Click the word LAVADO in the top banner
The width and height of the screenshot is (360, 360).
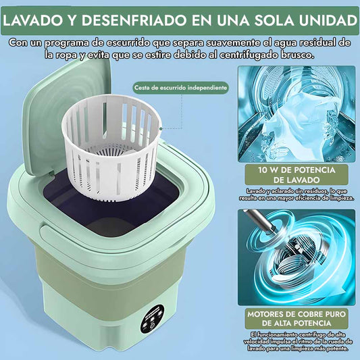coord(32,20)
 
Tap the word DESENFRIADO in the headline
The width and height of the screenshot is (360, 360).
coord(134,20)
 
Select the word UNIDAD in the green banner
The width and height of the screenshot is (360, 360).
coord(328,20)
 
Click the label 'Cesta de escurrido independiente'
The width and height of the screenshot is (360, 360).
coord(181,88)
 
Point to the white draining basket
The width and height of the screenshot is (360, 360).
coord(111,147)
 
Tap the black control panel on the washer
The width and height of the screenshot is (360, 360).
coord(151,319)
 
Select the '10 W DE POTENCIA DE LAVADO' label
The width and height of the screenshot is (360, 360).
coord(297,175)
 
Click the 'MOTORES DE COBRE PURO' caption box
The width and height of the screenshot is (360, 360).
coord(297,318)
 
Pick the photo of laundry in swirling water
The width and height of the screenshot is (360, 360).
coord(297,114)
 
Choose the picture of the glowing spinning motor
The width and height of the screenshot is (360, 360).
coord(297,257)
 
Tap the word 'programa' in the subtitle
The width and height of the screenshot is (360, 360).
coord(67,43)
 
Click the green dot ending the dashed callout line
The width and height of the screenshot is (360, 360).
coord(161,129)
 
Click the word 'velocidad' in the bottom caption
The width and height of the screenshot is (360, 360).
coord(256,341)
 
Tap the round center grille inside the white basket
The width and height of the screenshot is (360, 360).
coord(111,152)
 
